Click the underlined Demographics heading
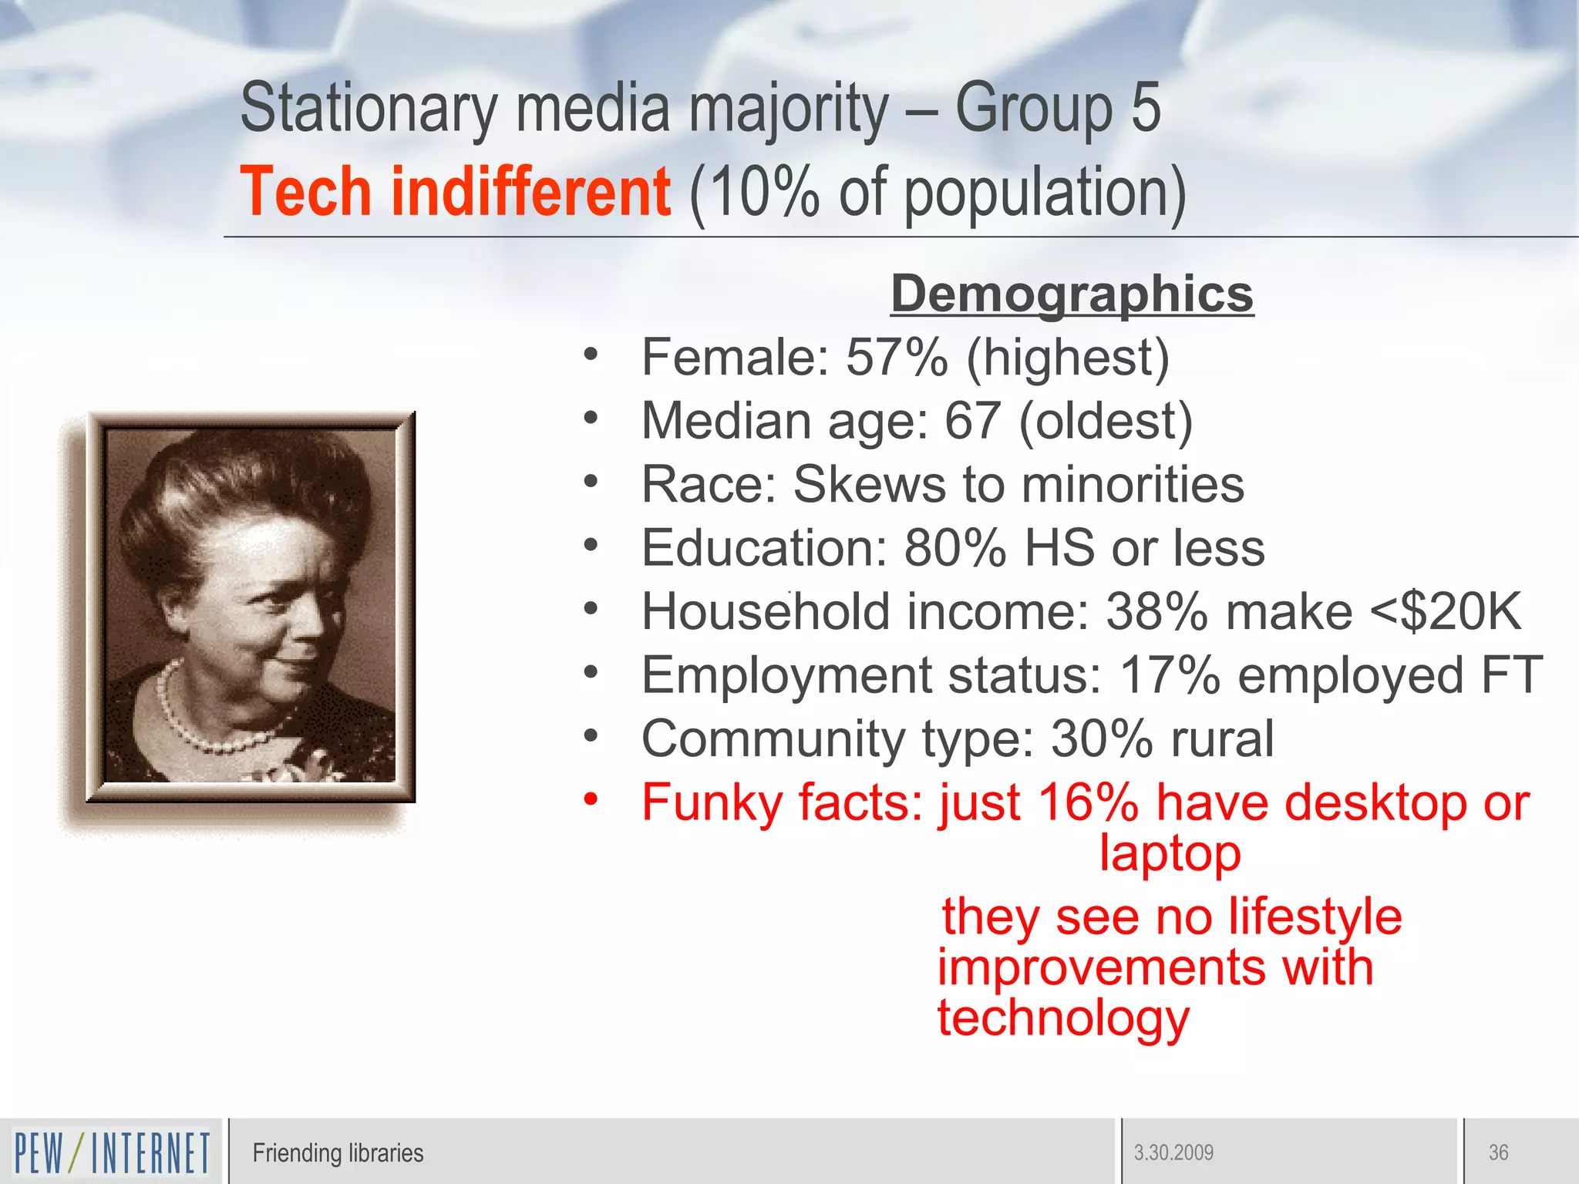tap(1072, 294)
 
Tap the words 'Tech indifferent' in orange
tap(455, 192)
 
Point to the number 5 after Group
tap(1146, 108)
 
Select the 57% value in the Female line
tap(896, 358)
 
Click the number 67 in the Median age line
tap(972, 422)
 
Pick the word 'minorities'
tap(1133, 485)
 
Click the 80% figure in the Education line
tap(954, 548)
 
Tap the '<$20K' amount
tap(1445, 612)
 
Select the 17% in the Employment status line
tap(1169, 675)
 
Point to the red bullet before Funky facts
tap(591, 799)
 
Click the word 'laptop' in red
tap(1170, 854)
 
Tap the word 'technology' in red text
tap(1063, 1018)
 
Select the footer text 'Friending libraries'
tap(338, 1153)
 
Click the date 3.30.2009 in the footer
tap(1173, 1153)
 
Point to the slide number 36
tap(1498, 1153)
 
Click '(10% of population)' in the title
tap(937, 192)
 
